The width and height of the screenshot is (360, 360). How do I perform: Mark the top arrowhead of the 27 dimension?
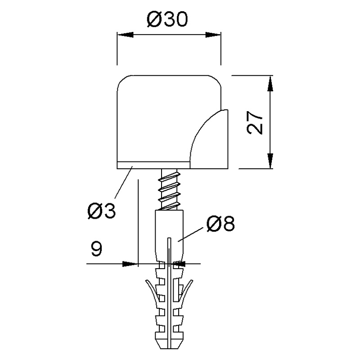(x=270, y=84)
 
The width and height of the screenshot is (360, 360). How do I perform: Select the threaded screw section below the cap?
(x=169, y=189)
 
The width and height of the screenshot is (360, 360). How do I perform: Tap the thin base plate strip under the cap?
(x=153, y=165)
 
